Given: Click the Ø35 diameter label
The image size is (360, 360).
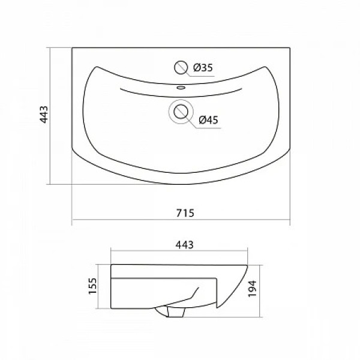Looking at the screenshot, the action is [203, 67].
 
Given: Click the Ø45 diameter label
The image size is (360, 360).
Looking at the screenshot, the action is [208, 120].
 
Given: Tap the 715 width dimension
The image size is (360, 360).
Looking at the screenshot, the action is [185, 213].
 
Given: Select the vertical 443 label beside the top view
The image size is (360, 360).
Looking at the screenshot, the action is [44, 115].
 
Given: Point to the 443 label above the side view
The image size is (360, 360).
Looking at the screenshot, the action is [185, 245].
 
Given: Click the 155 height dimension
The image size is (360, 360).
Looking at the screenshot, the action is [92, 286].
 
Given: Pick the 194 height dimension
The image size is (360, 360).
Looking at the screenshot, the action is [252, 289].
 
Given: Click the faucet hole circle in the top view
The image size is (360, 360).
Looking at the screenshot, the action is [181, 67].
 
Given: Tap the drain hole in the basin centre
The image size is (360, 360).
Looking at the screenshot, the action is [181, 112].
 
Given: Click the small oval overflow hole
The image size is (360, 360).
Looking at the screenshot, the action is [181, 87].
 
